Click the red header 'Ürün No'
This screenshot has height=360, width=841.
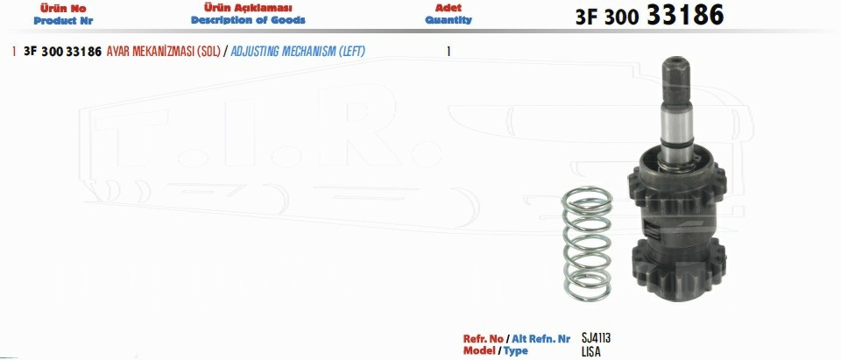(x=63, y=9)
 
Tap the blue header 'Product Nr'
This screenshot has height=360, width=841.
(x=63, y=21)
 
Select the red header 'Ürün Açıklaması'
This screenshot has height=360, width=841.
(x=248, y=8)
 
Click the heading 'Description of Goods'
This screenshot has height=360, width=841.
(x=248, y=20)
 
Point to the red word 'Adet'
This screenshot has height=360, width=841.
(x=449, y=8)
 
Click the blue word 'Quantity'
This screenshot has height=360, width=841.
(x=449, y=20)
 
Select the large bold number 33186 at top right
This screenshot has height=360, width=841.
(x=685, y=15)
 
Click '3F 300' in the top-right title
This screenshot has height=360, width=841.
(x=606, y=18)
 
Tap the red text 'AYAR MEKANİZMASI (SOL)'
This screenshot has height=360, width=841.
(x=164, y=52)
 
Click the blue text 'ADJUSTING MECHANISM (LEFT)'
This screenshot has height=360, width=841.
(x=298, y=52)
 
